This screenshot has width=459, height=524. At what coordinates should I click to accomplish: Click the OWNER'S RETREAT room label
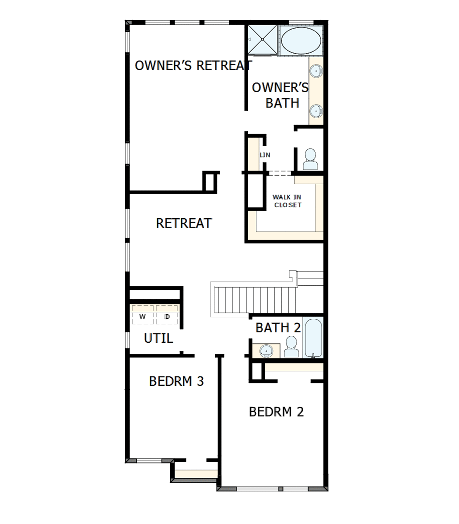point(193,66)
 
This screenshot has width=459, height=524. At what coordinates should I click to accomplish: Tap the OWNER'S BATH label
point(280,95)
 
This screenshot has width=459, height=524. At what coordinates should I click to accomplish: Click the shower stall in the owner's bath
point(262,39)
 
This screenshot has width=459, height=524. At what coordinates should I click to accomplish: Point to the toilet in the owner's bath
point(310,159)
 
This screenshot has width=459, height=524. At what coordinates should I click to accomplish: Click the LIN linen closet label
point(265,155)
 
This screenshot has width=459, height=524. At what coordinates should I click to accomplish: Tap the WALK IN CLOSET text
point(287,201)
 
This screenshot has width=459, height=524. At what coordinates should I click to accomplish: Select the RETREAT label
point(184,223)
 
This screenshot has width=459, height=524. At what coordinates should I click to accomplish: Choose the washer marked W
point(142,317)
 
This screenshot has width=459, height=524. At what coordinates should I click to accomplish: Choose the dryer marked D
point(167,317)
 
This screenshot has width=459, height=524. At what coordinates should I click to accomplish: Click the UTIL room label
point(158,338)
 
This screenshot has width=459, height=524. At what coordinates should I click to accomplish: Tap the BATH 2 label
point(278,328)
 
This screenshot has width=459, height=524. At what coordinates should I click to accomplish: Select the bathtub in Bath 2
point(313,338)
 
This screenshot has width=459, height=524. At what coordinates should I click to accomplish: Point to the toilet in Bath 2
point(291,347)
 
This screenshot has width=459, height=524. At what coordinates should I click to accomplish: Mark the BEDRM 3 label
point(176,381)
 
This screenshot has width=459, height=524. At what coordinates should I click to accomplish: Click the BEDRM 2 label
point(276,412)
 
